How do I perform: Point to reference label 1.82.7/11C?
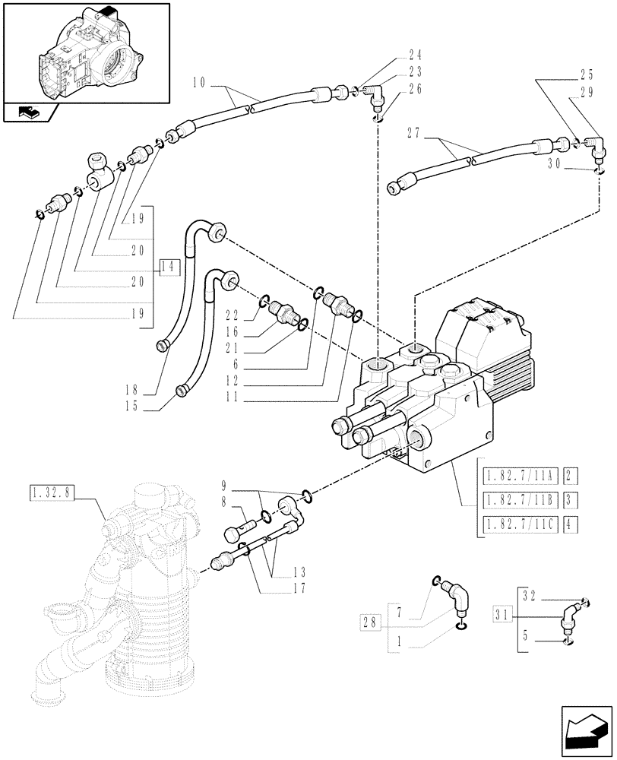(x=521, y=524)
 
